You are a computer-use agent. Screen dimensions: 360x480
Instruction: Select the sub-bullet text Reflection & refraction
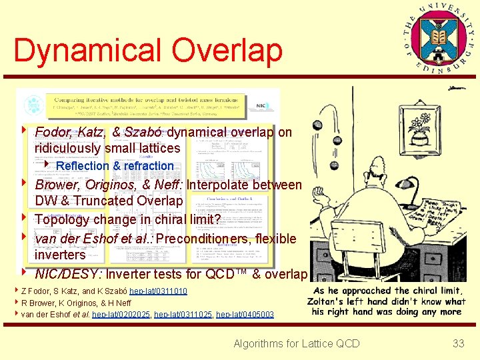[x=115, y=166]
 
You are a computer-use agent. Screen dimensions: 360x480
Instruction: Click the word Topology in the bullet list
[x=64, y=219]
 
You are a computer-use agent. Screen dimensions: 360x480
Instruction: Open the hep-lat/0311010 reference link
[x=158, y=291]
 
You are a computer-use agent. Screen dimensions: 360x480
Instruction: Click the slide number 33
[x=458, y=343]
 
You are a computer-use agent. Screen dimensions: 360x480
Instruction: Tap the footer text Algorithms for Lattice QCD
[x=296, y=343]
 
